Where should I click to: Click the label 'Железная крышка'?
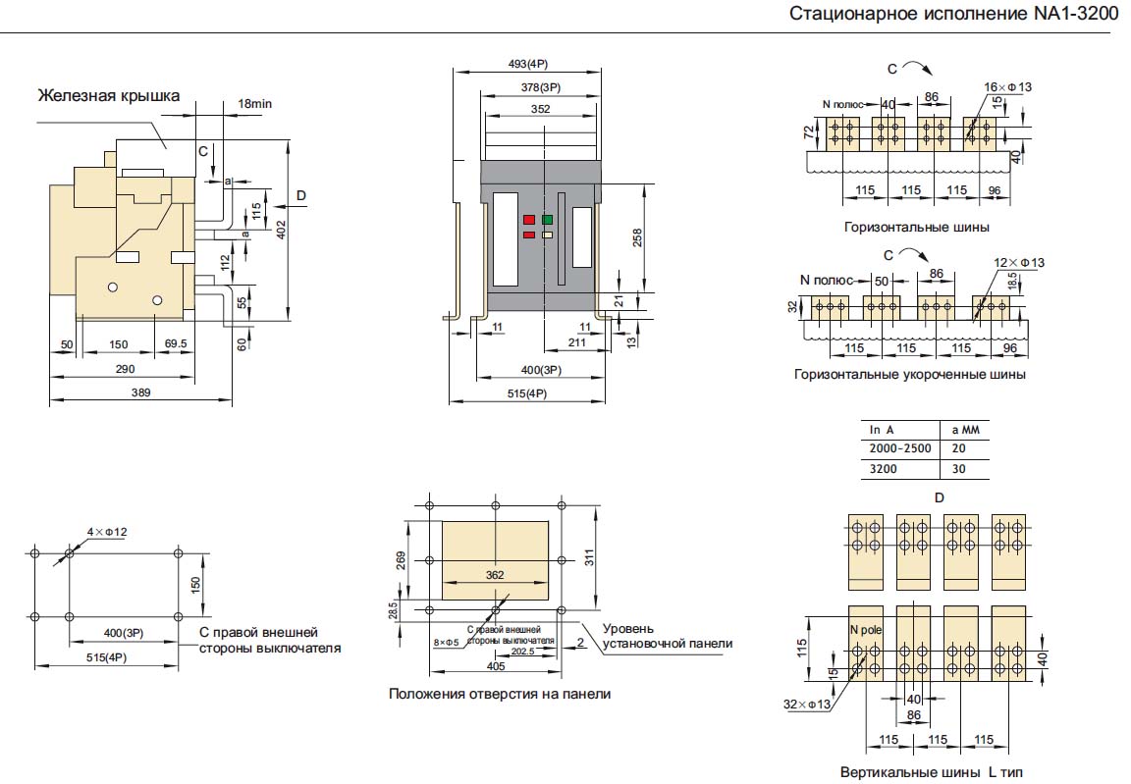108,95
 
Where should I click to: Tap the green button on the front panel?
547,220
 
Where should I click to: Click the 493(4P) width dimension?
527,64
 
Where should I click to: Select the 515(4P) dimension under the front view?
526,393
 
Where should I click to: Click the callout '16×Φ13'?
1008,87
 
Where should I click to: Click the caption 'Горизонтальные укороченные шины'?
909,374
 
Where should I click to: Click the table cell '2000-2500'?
899,447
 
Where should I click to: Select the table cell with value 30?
958,468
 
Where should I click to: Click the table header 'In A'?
882,429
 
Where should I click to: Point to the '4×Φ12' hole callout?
106,532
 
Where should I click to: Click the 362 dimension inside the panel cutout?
497,574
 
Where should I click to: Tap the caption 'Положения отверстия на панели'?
499,694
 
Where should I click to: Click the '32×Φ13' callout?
808,705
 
